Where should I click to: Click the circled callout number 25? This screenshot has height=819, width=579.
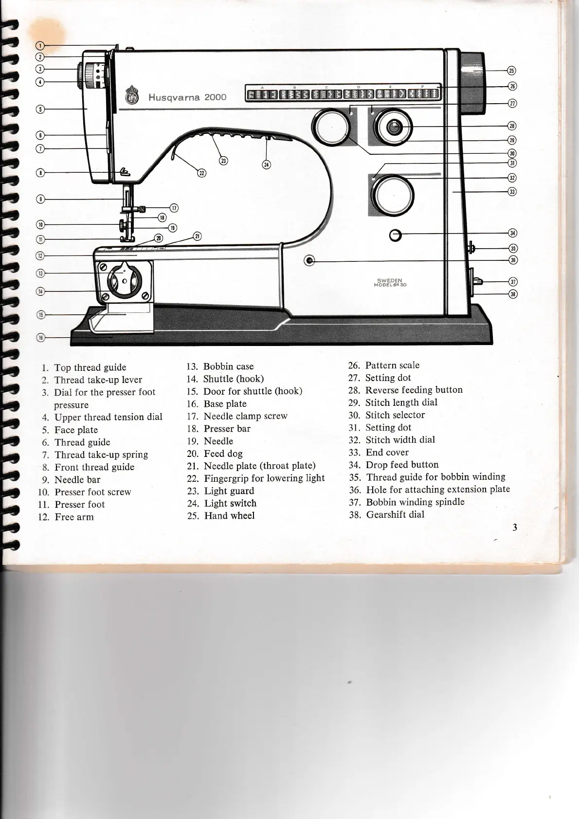tap(511, 71)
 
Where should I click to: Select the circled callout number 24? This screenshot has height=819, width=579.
tap(266, 164)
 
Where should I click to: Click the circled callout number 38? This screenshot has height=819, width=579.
tap(512, 293)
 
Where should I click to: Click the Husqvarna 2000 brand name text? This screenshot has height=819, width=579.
tap(187, 97)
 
